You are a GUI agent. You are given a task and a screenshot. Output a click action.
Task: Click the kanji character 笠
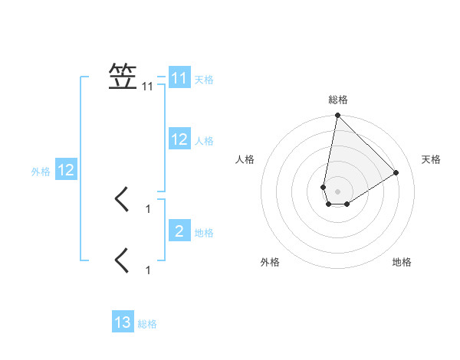pyautogui.click(x=123, y=77)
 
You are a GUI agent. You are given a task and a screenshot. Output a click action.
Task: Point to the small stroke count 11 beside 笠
pyautogui.click(x=148, y=87)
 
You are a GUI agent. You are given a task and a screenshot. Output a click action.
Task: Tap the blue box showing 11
pyautogui.click(x=179, y=78)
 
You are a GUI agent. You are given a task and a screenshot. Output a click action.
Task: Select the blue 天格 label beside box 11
pyautogui.click(x=204, y=79)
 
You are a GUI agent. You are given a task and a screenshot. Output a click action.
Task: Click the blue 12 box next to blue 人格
pyautogui.click(x=179, y=139)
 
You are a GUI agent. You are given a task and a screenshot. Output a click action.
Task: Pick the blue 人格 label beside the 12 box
pyautogui.click(x=204, y=140)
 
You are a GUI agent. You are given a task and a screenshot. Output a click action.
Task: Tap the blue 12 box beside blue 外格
pyautogui.click(x=65, y=170)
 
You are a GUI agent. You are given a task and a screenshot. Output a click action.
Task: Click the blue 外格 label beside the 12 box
pyautogui.click(x=41, y=172)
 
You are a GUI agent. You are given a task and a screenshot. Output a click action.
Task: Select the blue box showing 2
pyautogui.click(x=179, y=231)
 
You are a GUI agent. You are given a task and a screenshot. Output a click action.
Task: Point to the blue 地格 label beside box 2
pyautogui.click(x=204, y=232)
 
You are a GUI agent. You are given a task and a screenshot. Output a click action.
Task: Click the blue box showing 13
pyautogui.click(x=123, y=322)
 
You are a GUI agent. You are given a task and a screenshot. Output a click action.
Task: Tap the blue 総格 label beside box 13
pyautogui.click(x=147, y=324)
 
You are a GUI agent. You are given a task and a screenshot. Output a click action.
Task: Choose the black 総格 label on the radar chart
pyautogui.click(x=338, y=100)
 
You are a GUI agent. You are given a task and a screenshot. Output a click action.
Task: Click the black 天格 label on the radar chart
pyautogui.click(x=431, y=159)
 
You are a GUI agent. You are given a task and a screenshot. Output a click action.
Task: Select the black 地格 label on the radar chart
pyautogui.click(x=402, y=262)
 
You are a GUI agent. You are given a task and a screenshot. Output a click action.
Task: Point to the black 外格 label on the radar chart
pyautogui.click(x=270, y=262)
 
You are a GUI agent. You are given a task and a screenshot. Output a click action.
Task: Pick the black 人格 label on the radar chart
pyautogui.click(x=245, y=159)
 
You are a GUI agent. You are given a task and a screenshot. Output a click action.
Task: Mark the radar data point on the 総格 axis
pyautogui.click(x=337, y=116)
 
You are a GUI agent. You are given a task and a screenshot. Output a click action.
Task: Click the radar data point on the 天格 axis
pyautogui.click(x=396, y=172)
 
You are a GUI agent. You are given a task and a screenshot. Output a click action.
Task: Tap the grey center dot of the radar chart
pyautogui.click(x=337, y=191)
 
